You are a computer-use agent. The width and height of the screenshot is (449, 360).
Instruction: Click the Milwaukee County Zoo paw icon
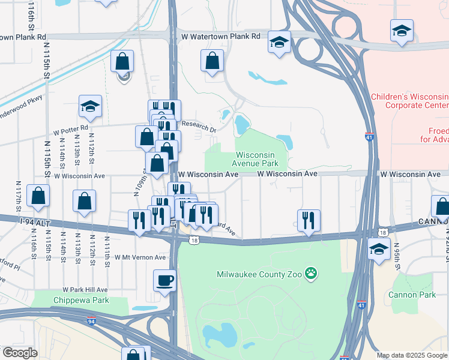coord(310,274)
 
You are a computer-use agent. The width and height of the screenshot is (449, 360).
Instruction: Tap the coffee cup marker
coord(164,280)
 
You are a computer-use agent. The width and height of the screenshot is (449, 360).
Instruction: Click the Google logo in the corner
coord(19,353)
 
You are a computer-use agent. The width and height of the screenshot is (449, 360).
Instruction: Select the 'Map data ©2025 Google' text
coord(411,355)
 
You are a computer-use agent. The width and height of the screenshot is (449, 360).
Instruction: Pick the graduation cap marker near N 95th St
coord(379,249)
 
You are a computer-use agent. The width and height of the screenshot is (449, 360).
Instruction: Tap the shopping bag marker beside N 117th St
coord(38,196)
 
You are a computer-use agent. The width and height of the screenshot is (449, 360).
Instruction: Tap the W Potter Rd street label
coord(70,128)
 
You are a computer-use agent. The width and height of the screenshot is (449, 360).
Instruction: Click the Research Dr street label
coord(200,127)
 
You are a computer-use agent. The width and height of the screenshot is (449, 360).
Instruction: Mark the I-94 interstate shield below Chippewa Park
coord(91,321)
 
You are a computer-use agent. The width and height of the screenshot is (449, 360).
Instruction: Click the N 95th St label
coord(395,251)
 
